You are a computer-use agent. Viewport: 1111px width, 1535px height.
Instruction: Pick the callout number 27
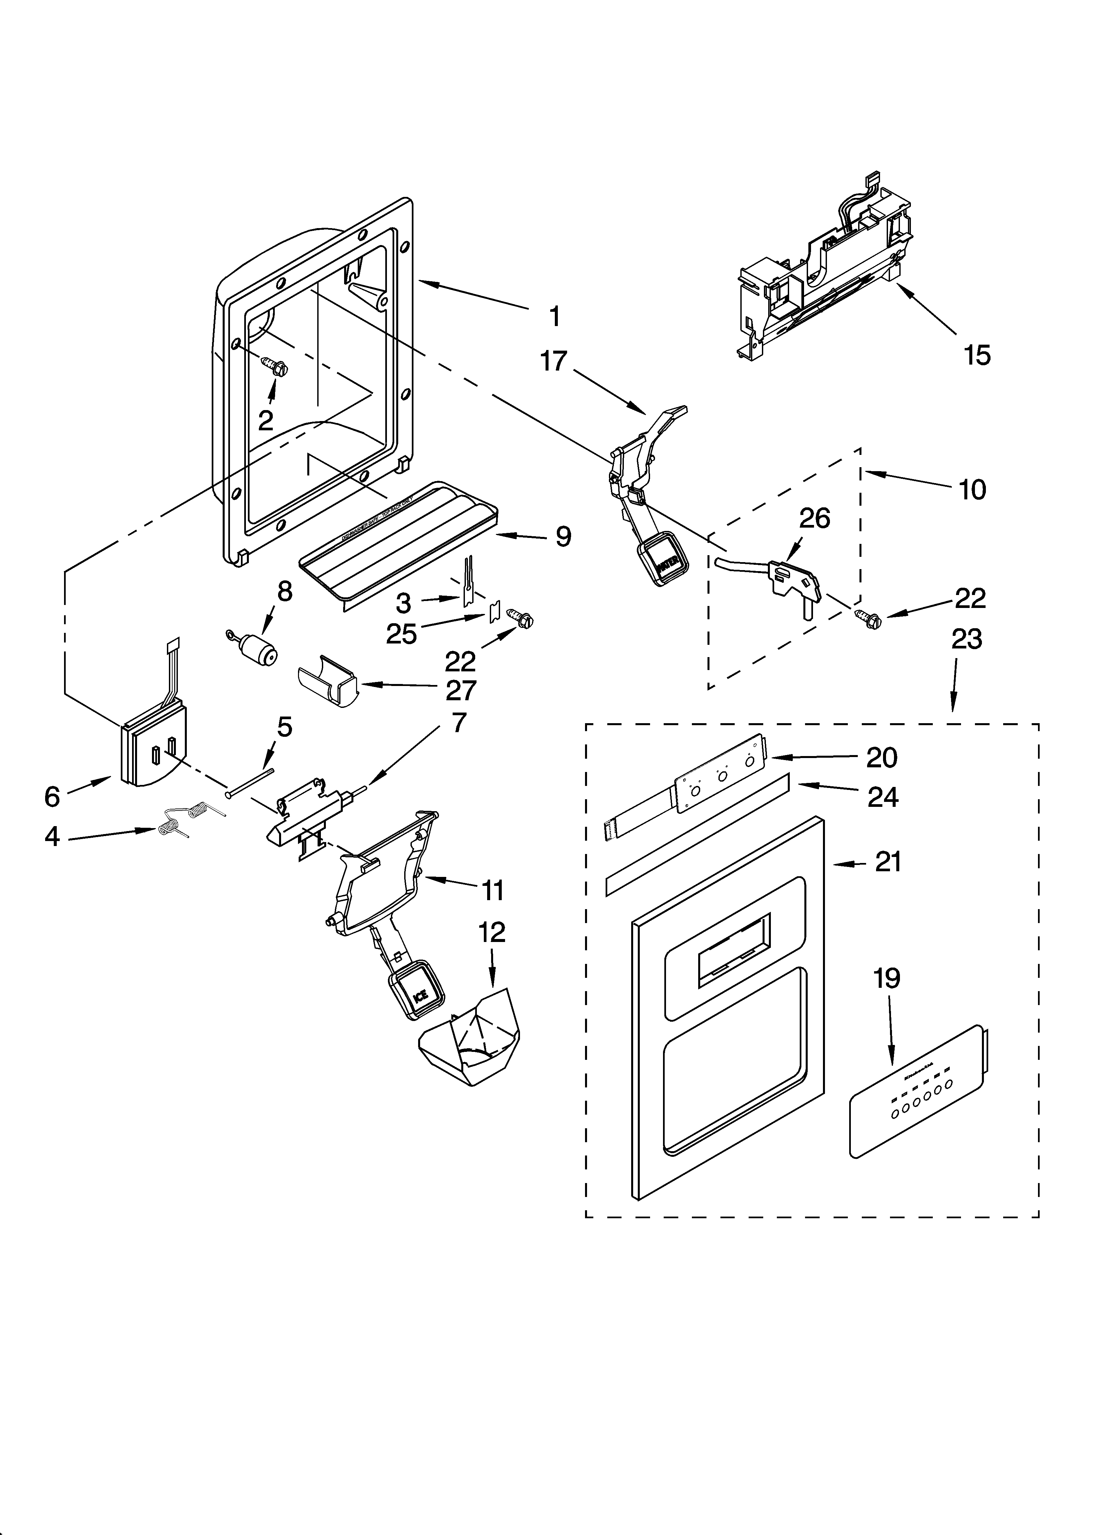pyautogui.click(x=460, y=690)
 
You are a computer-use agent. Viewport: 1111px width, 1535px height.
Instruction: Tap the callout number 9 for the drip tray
pyautogui.click(x=563, y=537)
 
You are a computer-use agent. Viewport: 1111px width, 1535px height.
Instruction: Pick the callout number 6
pyautogui.click(x=52, y=797)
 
